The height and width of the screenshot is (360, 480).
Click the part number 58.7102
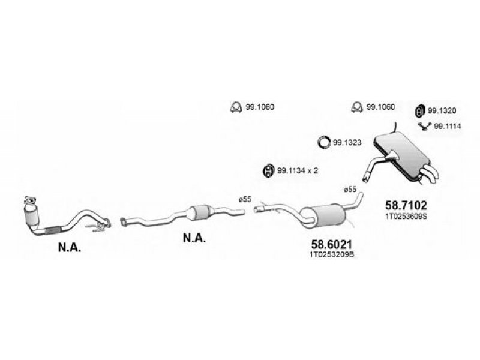pos(406,205)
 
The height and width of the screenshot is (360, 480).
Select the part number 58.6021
pos(332,244)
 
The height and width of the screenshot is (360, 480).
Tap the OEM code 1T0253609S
pos(406,217)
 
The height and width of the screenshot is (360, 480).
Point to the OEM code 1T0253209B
pos(332,254)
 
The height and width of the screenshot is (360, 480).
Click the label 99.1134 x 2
pos(298,170)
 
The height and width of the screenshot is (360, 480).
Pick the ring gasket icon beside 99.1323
pos(324,142)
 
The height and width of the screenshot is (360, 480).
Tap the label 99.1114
pos(448,126)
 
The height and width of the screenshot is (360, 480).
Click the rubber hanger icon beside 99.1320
pos(419,110)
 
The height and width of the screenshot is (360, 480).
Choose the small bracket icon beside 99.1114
pos(425,126)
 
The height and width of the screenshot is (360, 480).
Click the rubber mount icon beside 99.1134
pos(268,170)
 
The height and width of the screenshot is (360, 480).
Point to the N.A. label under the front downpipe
pos(70,247)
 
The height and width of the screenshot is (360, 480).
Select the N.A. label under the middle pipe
pos(194,238)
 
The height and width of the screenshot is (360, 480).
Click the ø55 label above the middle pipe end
pos(245,199)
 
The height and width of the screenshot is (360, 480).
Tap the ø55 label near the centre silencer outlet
pos(350,190)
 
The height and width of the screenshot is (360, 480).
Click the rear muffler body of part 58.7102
pos(401,155)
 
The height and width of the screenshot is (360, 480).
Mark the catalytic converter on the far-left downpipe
pos(32,216)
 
